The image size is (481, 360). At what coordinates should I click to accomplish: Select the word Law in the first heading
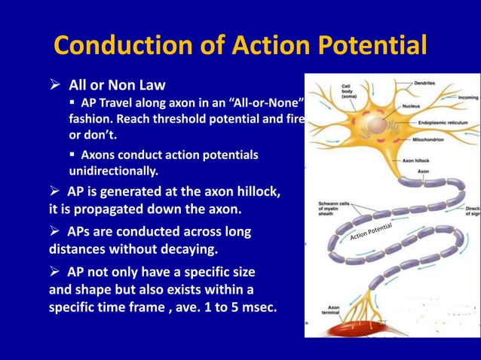[150, 85]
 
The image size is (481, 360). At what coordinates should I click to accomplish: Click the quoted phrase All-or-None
[256, 102]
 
